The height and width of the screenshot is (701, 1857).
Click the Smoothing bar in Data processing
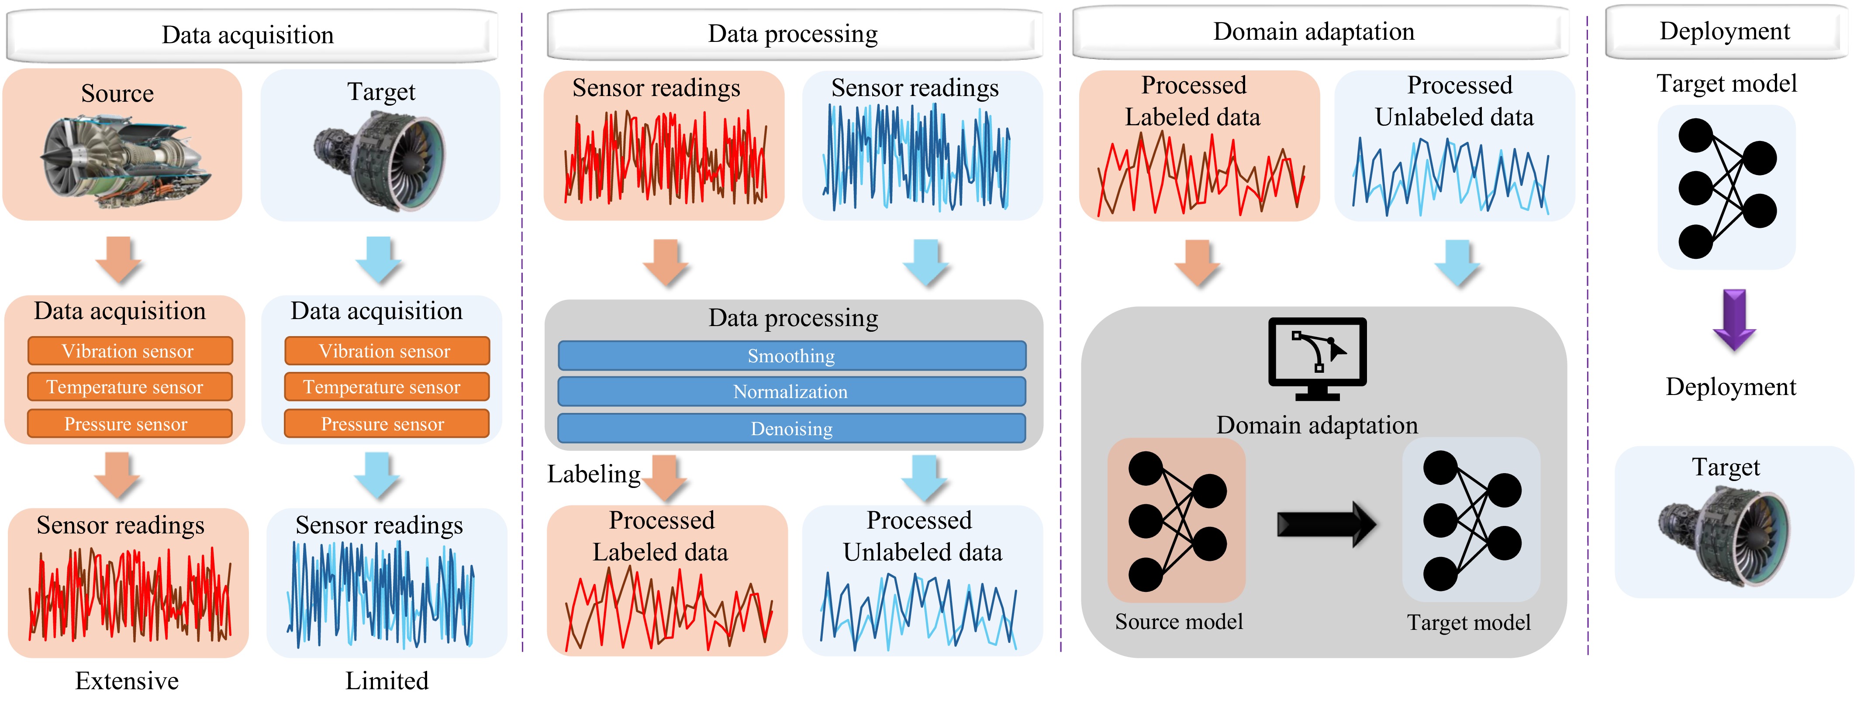click(791, 356)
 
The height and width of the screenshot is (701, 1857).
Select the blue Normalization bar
click(791, 392)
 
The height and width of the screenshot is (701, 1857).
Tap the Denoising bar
click(791, 429)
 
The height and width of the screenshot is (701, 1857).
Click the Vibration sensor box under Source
click(130, 351)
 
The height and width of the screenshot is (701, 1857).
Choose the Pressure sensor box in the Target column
click(387, 424)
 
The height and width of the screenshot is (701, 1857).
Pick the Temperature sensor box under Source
click(130, 387)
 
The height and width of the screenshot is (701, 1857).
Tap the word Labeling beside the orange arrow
click(593, 474)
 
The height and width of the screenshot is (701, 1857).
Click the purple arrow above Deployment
click(1734, 320)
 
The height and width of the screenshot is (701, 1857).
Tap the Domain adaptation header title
click(1313, 32)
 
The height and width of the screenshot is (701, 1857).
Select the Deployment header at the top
click(1724, 31)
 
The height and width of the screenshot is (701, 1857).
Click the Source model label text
click(1179, 622)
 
